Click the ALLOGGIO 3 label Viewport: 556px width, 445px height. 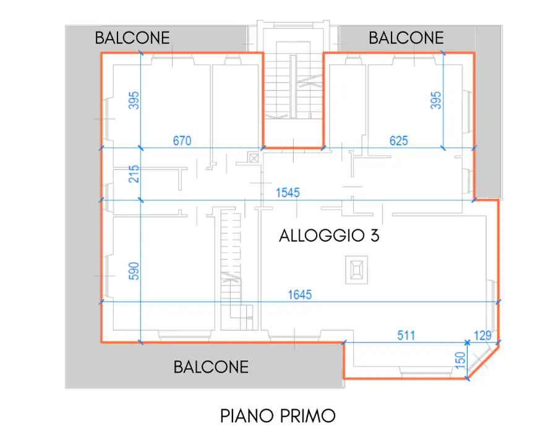point(328,235)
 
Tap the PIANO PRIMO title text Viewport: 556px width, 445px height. point(278,415)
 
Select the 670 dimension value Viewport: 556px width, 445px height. point(181,141)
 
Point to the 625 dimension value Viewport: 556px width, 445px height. point(398,141)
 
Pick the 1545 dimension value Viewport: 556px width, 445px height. point(288,193)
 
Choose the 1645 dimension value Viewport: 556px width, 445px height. point(300,295)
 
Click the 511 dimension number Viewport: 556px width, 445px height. point(406,336)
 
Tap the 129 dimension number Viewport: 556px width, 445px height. point(483,336)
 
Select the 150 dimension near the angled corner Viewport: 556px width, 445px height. point(460,360)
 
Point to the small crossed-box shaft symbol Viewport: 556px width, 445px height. point(253,157)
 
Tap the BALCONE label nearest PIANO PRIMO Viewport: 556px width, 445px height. point(211,367)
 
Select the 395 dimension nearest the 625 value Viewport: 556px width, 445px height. point(436,101)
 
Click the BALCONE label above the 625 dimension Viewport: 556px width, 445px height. point(406,38)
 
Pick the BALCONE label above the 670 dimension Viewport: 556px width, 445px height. point(132,38)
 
